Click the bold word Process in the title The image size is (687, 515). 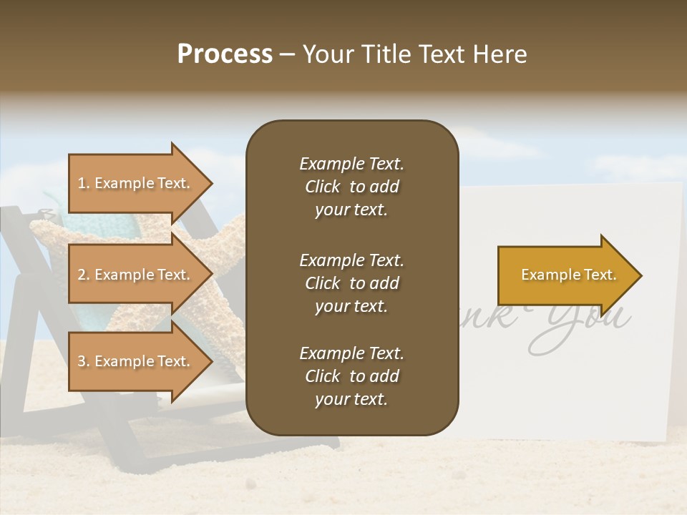(225, 54)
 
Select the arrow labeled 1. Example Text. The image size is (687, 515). (136, 183)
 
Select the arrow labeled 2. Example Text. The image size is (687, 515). (136, 275)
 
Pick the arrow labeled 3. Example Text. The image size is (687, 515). (136, 361)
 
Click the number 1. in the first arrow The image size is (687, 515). (84, 184)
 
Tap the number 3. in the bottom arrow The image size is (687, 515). (84, 362)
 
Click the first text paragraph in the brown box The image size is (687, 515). (351, 187)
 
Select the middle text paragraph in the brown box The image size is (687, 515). (351, 283)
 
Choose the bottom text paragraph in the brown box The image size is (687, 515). (351, 376)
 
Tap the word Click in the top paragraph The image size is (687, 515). (322, 187)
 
